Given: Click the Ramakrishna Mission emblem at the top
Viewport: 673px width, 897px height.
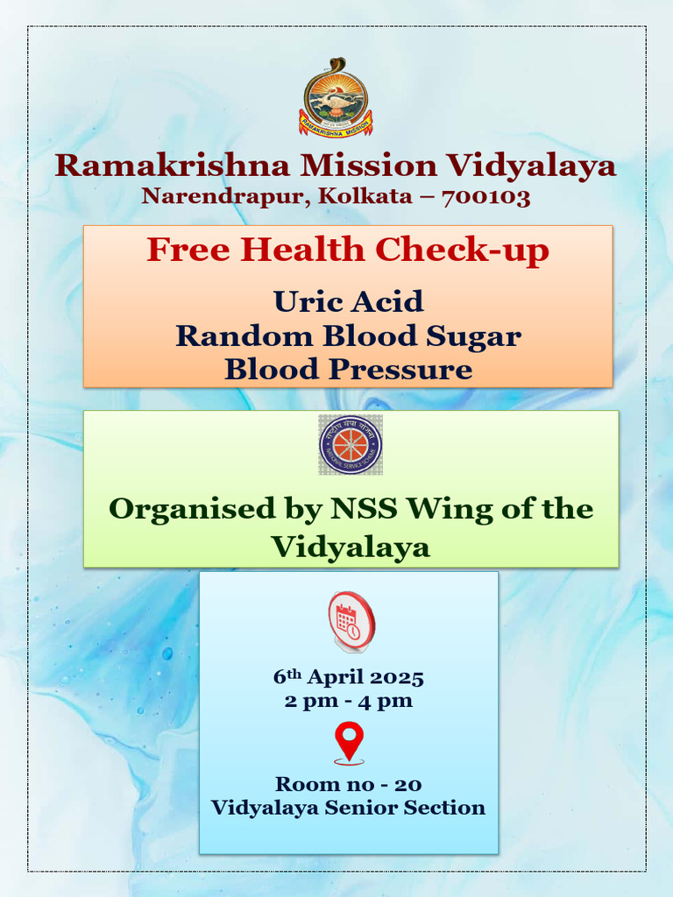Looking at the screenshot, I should pos(336,97).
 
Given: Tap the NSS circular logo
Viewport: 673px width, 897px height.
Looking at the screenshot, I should pos(350,445).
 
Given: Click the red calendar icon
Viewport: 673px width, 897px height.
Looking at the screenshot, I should pos(351,620).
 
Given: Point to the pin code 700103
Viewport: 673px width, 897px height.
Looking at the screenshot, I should pos(486,196).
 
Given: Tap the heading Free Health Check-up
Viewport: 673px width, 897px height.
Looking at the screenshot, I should pos(348,251).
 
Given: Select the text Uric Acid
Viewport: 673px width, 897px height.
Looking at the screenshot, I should pos(348,301).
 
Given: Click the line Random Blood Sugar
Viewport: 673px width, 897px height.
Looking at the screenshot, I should pos(348,335).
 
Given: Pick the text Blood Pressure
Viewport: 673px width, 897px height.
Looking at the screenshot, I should pos(348,369).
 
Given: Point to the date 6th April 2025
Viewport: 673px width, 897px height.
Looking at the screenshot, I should pos(348,678).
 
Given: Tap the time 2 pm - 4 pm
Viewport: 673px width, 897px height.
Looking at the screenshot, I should pos(348,701).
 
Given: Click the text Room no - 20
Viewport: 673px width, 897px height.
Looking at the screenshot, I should pos(348,784).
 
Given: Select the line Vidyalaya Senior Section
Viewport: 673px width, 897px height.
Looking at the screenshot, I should pos(348,807).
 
